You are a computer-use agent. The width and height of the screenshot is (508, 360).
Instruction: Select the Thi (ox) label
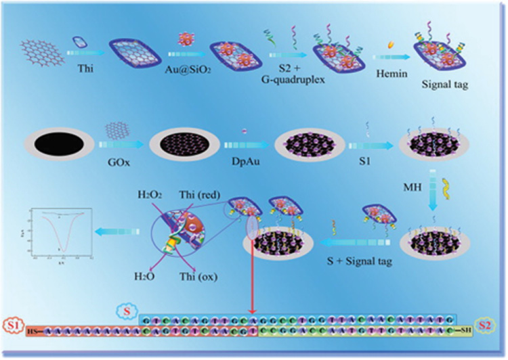tap(205, 274)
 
